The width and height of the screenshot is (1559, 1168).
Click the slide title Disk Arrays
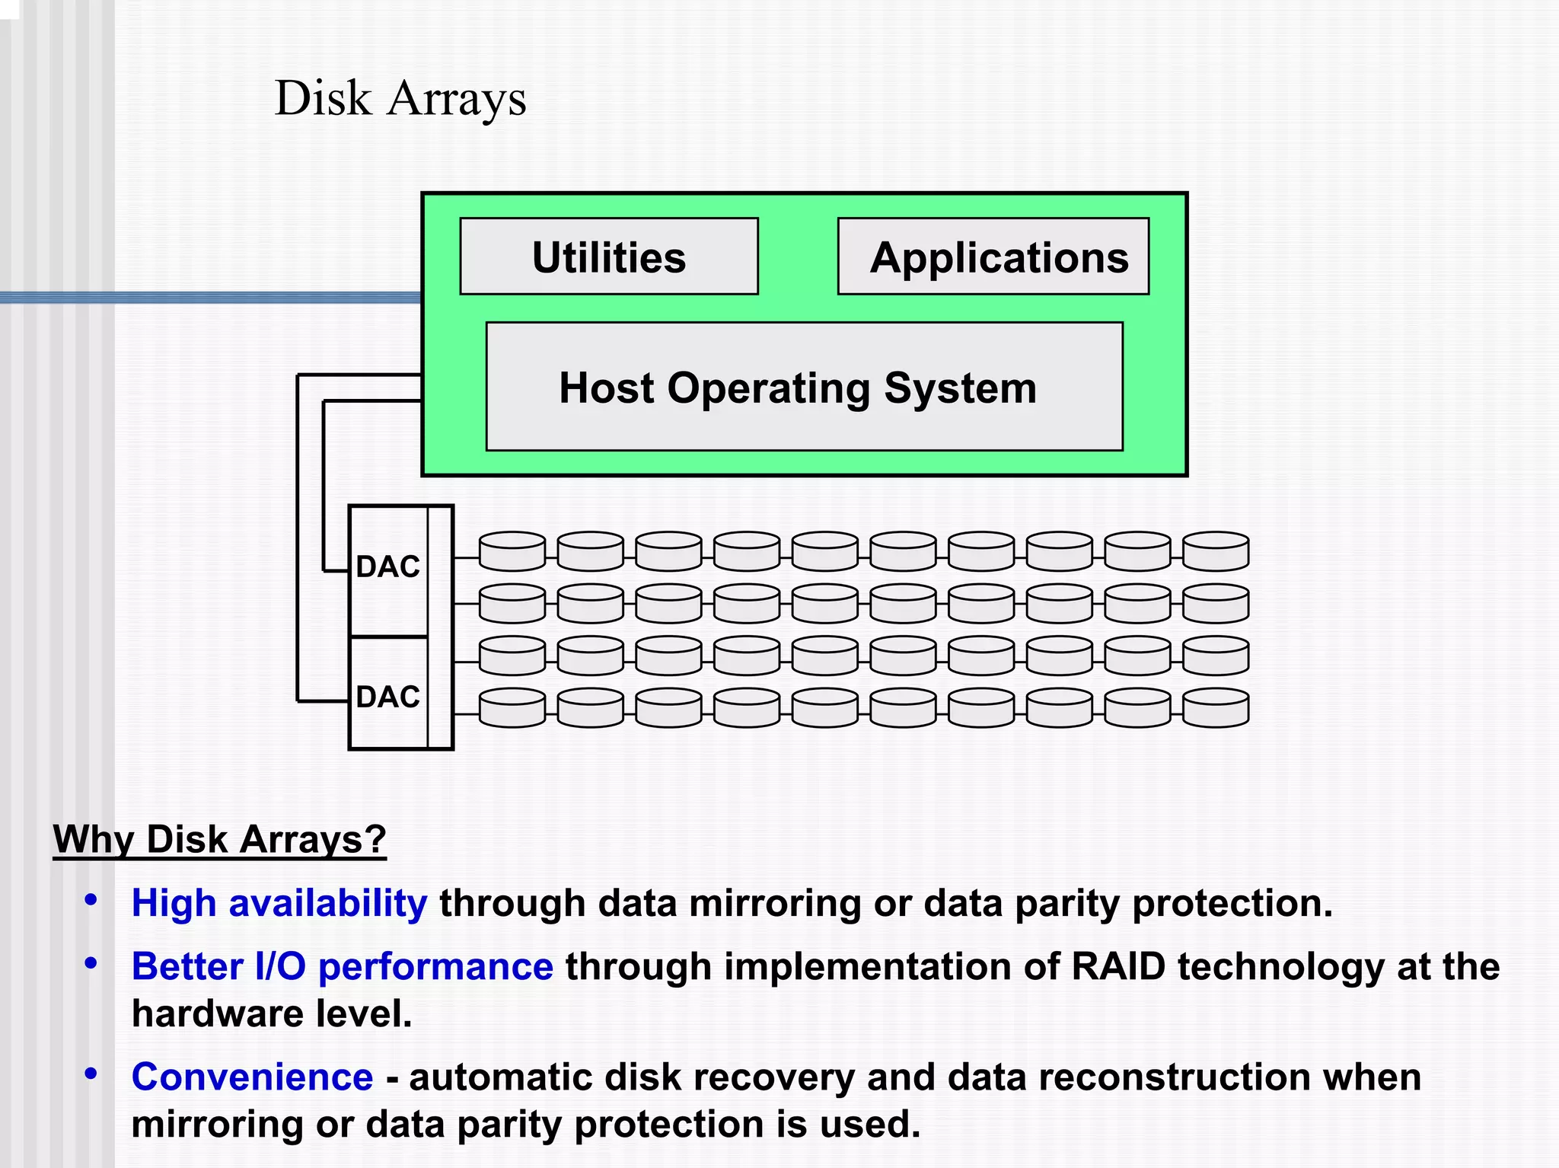[x=400, y=99]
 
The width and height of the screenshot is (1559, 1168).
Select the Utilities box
[x=609, y=257]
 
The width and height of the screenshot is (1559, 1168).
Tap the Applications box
[x=993, y=257]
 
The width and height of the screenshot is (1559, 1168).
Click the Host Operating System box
[x=804, y=387]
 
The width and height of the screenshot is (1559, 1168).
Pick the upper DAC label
[x=387, y=566]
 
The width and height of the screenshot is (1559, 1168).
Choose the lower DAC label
[x=387, y=697]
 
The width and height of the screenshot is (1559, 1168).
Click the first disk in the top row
[x=512, y=551]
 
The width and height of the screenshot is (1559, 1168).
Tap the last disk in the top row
[x=1216, y=551]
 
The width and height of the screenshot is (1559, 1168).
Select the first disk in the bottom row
[x=512, y=708]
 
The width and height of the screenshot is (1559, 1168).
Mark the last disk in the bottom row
[x=1216, y=708]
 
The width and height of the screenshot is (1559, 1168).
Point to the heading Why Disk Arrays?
[x=219, y=840]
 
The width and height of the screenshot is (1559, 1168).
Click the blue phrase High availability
[x=279, y=903]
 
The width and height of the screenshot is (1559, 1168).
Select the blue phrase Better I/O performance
[x=342, y=967]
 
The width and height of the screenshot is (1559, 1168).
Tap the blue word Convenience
[x=252, y=1077]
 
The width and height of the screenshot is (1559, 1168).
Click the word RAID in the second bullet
[x=1118, y=967]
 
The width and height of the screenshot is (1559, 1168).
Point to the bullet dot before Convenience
[x=91, y=1074]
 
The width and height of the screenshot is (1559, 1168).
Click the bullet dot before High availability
[x=91, y=900]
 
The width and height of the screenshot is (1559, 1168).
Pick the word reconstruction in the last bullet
[x=1174, y=1077]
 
